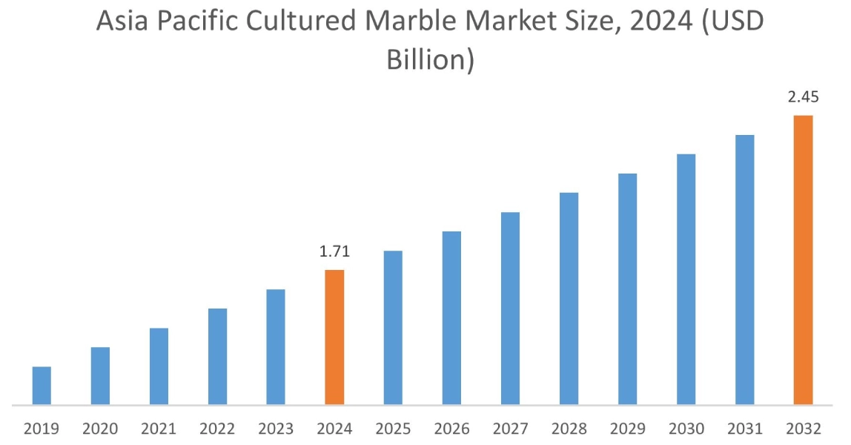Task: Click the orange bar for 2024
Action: pyautogui.click(x=334, y=337)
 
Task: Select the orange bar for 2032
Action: pyautogui.click(x=803, y=260)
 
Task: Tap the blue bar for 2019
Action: pyautogui.click(x=42, y=386)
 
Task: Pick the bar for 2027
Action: pyautogui.click(x=510, y=309)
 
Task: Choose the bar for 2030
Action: pyautogui.click(x=686, y=280)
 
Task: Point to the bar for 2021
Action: pyautogui.click(x=159, y=366)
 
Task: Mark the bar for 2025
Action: pyautogui.click(x=393, y=328)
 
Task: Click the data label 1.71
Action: pyautogui.click(x=334, y=252)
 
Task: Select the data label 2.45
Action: pyautogui.click(x=803, y=98)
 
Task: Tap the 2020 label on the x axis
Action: pyautogui.click(x=100, y=429)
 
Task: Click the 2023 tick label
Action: pyautogui.click(x=276, y=429)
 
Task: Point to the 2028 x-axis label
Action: pyautogui.click(x=569, y=429)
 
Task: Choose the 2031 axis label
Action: pyautogui.click(x=744, y=429)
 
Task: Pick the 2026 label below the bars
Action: pyautogui.click(x=451, y=429)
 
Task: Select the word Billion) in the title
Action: pyautogui.click(x=430, y=59)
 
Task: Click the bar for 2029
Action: pyautogui.click(x=627, y=289)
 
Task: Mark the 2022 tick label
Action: pyautogui.click(x=217, y=429)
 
